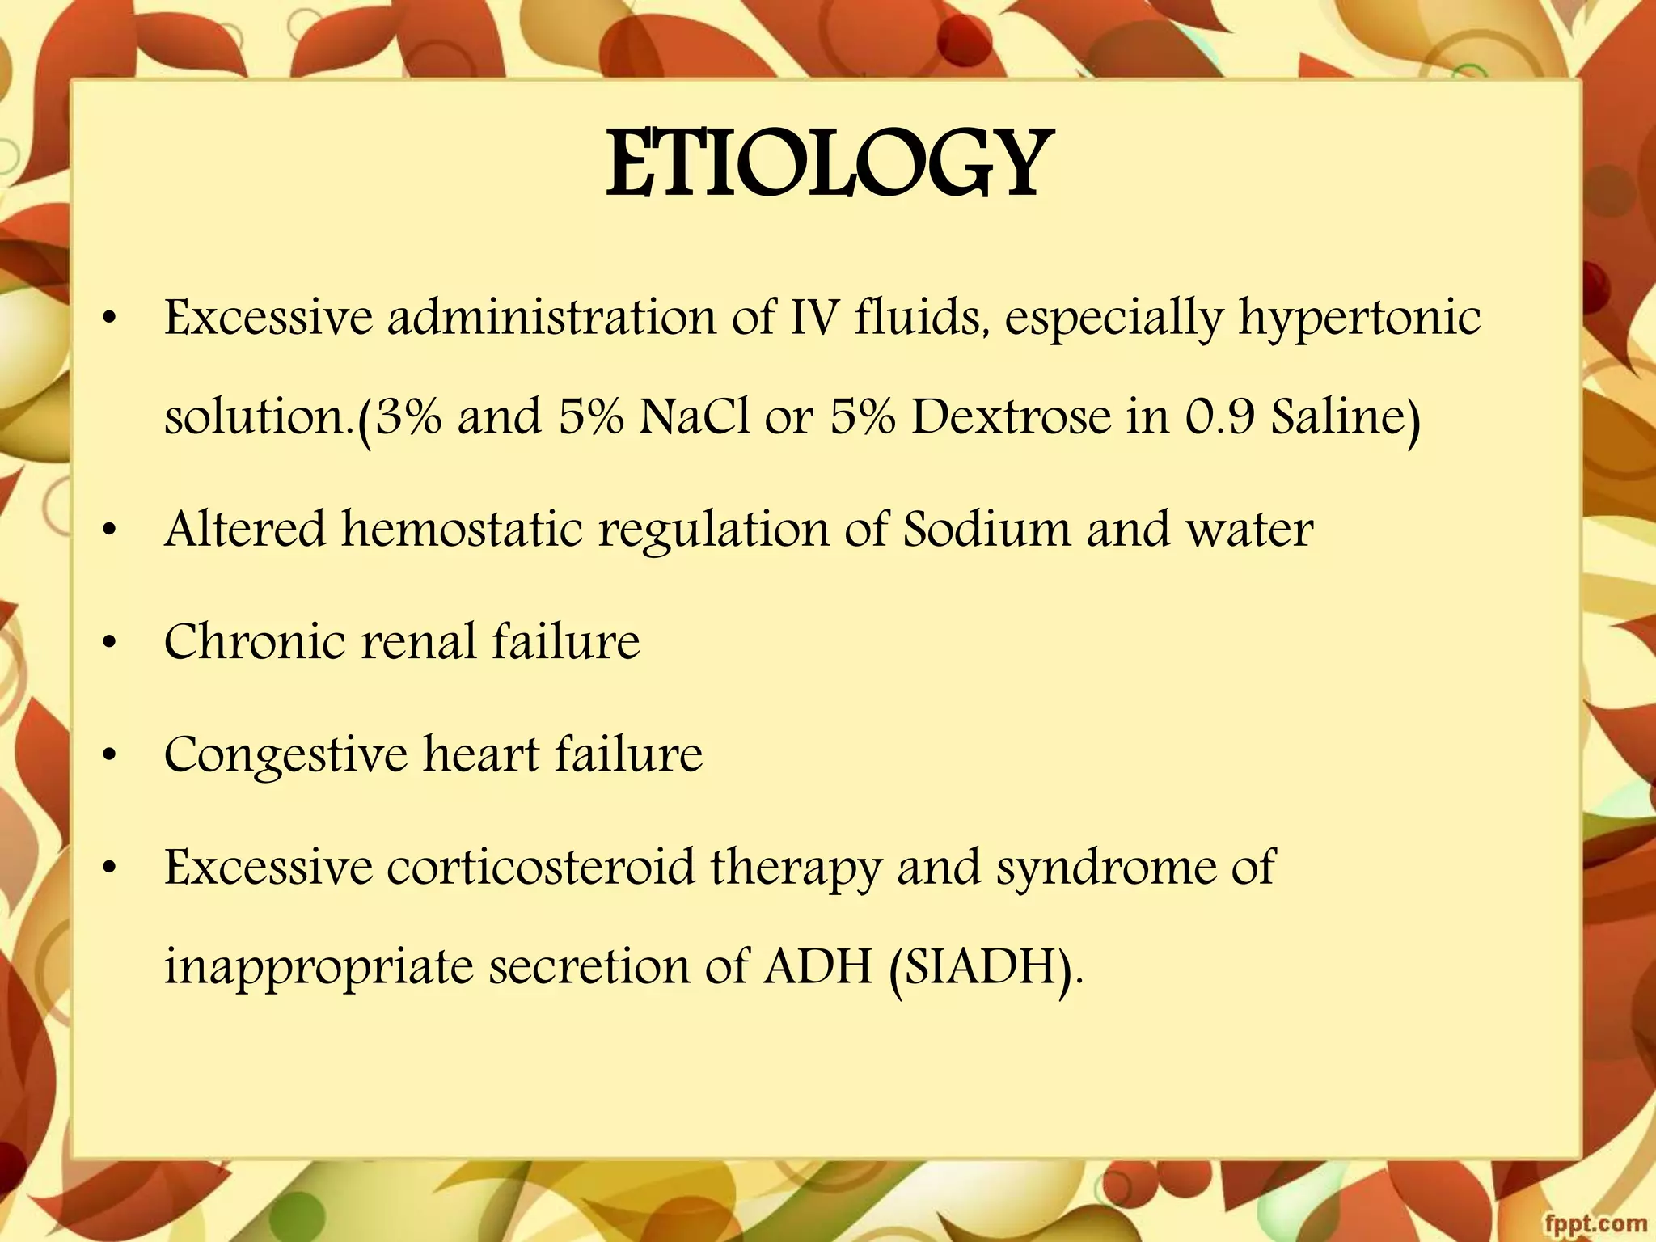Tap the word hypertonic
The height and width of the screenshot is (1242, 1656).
point(1360,318)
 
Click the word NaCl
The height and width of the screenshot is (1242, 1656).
point(695,417)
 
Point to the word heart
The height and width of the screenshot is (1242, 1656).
point(481,754)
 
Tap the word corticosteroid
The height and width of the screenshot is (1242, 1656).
point(540,867)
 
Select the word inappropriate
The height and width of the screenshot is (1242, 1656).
point(318,967)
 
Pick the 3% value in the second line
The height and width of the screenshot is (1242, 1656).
point(409,417)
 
